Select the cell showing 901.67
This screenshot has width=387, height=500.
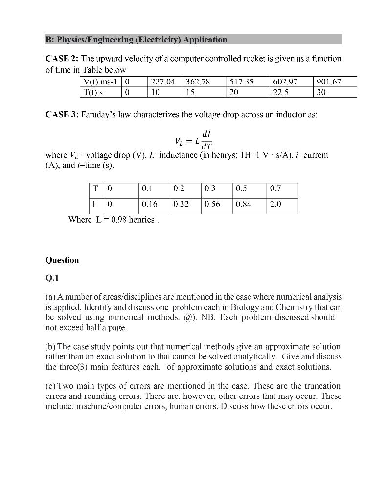click(328, 82)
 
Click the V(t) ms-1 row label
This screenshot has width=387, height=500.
click(100, 82)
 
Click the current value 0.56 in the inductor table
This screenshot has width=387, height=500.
click(212, 204)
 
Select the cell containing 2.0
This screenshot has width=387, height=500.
click(275, 204)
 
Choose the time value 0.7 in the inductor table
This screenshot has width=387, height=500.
click(275, 188)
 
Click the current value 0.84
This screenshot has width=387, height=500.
click(243, 204)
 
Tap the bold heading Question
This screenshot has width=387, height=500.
click(62, 260)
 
